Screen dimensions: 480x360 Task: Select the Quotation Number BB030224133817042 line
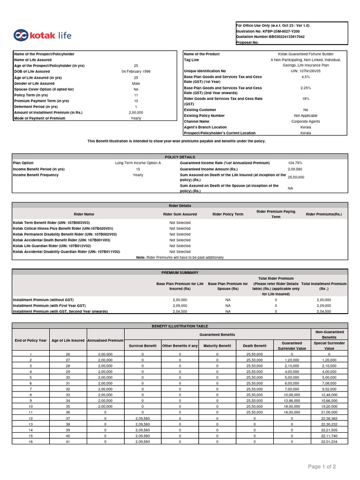(x=270, y=37)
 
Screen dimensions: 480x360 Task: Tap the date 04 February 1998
(x=136, y=71)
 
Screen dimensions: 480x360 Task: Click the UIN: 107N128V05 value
(x=305, y=71)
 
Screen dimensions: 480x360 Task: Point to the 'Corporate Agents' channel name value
(x=305, y=121)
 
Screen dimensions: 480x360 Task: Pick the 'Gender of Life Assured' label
(x=34, y=83)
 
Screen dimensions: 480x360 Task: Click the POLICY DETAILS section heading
(x=180, y=157)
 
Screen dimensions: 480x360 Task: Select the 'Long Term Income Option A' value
(x=138, y=163)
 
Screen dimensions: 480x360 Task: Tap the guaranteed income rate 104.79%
(x=295, y=163)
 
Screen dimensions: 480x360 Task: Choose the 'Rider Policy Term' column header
(x=228, y=214)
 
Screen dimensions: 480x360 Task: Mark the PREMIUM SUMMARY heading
(x=180, y=272)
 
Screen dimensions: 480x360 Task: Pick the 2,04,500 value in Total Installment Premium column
(x=324, y=311)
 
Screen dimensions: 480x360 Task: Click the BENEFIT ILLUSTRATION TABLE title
(x=180, y=326)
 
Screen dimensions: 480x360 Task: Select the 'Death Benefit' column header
(x=255, y=346)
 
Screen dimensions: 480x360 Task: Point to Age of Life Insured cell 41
(x=68, y=442)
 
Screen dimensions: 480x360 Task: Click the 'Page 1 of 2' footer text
(x=322, y=466)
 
